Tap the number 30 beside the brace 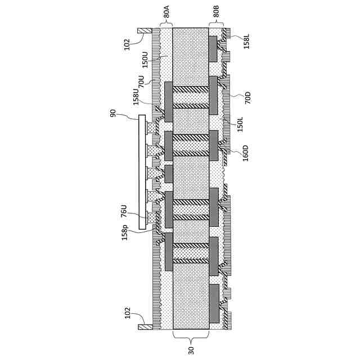point(191,349)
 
